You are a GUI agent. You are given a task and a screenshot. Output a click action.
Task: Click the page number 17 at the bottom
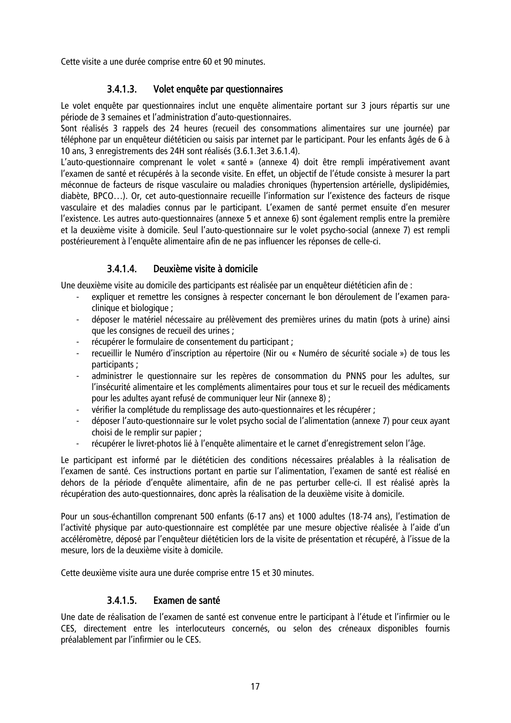pyautogui.click(x=255, y=687)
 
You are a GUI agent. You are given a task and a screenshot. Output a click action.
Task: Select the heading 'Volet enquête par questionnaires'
pyautogui.click(x=218, y=89)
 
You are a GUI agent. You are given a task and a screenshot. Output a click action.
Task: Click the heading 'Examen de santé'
pyautogui.click(x=187, y=601)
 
